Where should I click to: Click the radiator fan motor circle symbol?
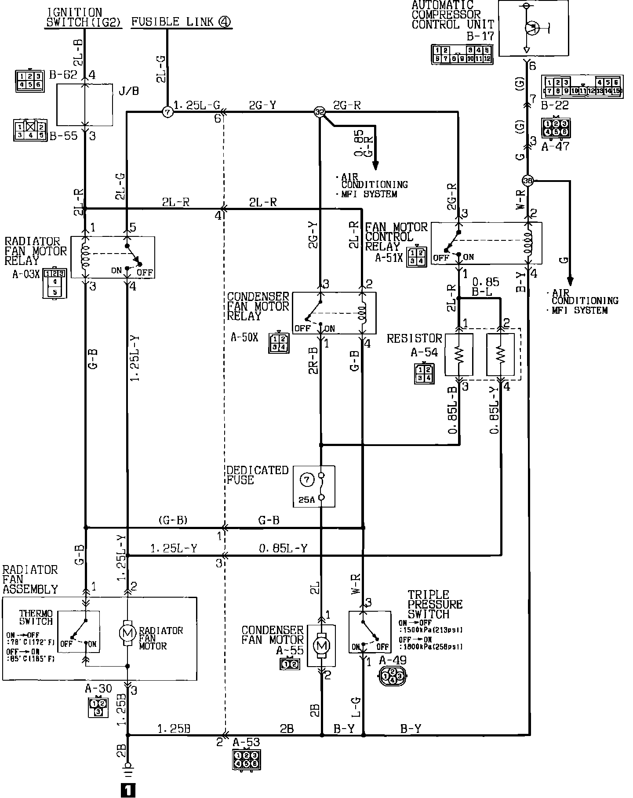(127, 633)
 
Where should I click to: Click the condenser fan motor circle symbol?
(322, 646)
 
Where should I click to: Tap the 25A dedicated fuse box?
(314, 486)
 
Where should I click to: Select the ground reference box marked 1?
(127, 791)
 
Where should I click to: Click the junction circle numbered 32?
(320, 112)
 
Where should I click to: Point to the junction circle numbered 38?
(527, 180)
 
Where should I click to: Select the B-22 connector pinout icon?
(582, 87)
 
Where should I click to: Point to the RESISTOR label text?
(414, 338)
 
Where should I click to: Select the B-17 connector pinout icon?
(462, 54)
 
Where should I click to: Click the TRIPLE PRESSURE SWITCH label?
(435, 604)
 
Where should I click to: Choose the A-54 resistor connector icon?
(424, 374)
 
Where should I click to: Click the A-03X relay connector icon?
(55, 282)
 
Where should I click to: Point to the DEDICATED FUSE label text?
(257, 475)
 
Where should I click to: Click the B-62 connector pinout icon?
(29, 81)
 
